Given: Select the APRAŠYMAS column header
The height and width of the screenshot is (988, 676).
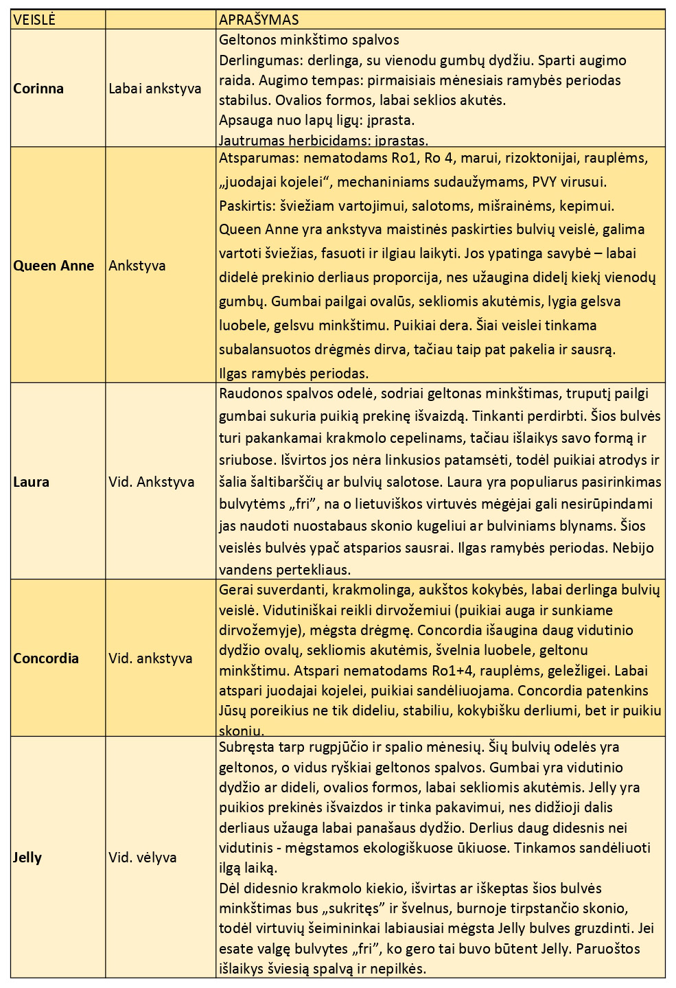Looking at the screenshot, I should tap(259, 20).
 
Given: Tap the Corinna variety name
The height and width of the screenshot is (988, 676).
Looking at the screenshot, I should tap(38, 89).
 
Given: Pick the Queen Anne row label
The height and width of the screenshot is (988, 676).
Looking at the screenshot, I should tap(54, 266).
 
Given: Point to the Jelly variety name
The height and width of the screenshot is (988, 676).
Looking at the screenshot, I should tap(27, 858).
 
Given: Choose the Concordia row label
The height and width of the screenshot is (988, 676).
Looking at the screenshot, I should tap(46, 658).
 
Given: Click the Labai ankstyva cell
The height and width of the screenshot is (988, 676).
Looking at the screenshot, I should tap(155, 89).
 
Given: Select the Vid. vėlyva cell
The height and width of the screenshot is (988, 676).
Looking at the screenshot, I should tap(143, 858).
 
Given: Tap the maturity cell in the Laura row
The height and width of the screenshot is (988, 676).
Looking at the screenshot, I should tap(151, 482).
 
